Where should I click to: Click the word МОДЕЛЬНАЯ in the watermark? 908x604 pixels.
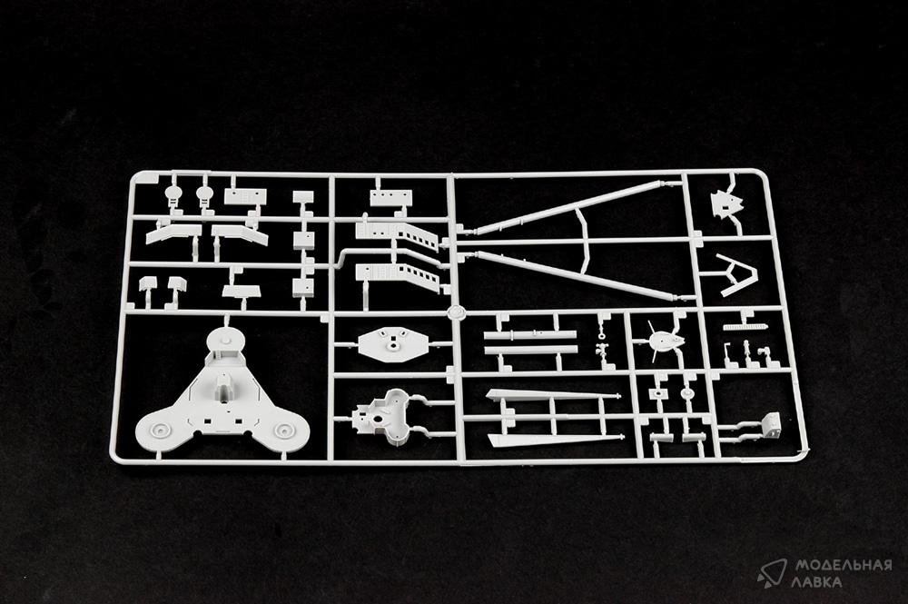[x=844, y=565]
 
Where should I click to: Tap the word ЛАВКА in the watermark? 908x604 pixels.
[x=819, y=581]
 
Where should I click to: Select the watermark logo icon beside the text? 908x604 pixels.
[x=772, y=573]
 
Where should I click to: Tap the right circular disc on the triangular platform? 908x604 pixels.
[x=283, y=430]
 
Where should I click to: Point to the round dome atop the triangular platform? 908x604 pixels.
[x=224, y=337]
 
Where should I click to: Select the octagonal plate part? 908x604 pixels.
[x=393, y=342]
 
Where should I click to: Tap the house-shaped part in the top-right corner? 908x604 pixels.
[x=726, y=203]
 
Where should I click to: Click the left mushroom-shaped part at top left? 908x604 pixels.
[x=173, y=194]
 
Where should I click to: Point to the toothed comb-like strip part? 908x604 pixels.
[x=746, y=327]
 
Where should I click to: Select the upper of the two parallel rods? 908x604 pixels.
[x=530, y=335]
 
